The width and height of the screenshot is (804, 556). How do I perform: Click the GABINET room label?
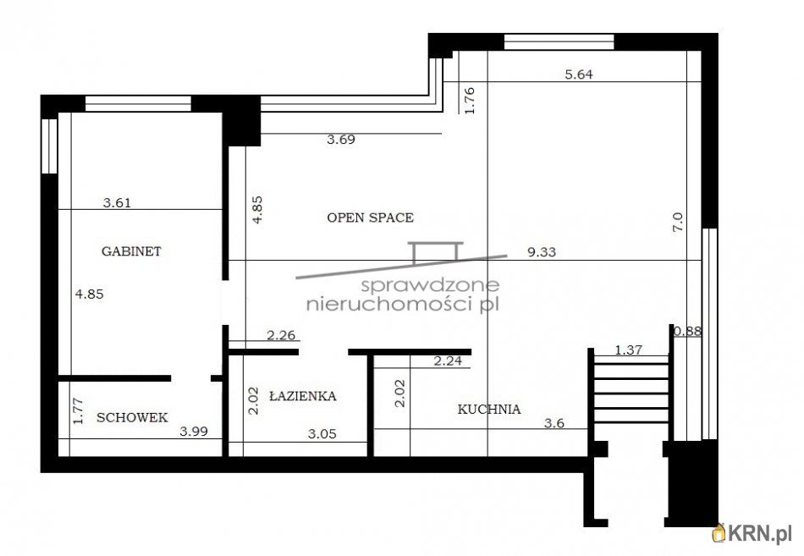coord(131,251)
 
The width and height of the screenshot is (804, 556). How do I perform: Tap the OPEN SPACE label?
coord(370,217)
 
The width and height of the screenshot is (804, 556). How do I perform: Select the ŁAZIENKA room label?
coord(302,396)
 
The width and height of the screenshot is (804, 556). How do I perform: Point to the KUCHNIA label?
coord(488,410)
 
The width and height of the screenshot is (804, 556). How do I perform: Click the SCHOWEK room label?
coord(131,417)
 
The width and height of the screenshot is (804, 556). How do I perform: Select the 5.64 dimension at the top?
coord(579,74)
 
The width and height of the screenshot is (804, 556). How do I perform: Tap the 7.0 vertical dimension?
coord(677,223)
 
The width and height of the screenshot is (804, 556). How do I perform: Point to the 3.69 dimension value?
coord(340,140)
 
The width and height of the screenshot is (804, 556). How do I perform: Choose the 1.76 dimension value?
coord(472,100)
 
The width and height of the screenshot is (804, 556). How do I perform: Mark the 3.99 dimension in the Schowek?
coord(194,431)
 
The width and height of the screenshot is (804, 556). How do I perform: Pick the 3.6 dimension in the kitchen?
coord(553,423)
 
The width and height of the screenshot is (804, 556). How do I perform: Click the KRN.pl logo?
coord(756,533)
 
